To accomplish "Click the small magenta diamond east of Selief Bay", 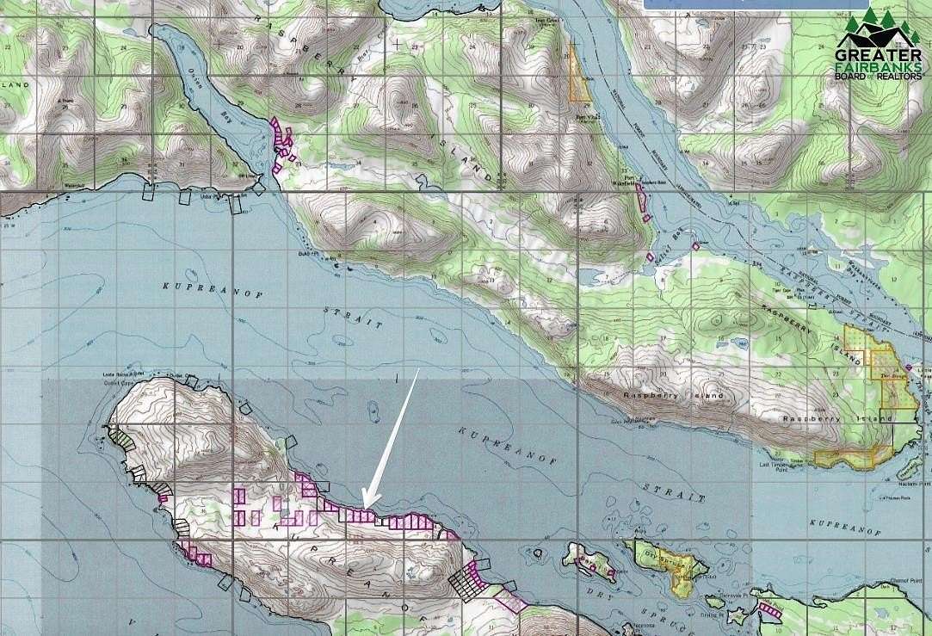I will click(x=695, y=246).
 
